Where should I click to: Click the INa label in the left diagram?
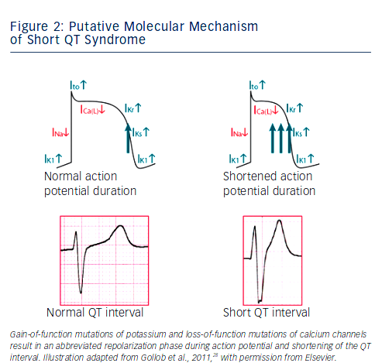click(x=60, y=132)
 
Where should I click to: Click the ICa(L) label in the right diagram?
click(x=266, y=111)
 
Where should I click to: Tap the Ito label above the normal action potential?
click(x=78, y=85)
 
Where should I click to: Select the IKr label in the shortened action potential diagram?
click(x=294, y=108)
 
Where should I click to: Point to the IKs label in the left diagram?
click(x=141, y=132)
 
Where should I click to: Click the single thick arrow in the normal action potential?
click(x=128, y=139)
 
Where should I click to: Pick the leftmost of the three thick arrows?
click(x=273, y=139)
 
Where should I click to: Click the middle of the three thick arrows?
click(x=281, y=139)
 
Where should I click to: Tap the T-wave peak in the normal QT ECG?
click(x=120, y=226)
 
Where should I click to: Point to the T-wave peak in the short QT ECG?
click(x=279, y=221)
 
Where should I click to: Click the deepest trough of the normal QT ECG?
click(x=81, y=293)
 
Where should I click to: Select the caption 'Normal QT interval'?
click(x=95, y=313)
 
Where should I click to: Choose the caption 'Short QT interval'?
click(x=267, y=313)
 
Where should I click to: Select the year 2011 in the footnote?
click(x=202, y=358)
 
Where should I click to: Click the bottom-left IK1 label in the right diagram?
click(x=238, y=159)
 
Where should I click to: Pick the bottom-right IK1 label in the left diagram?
click(x=146, y=159)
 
